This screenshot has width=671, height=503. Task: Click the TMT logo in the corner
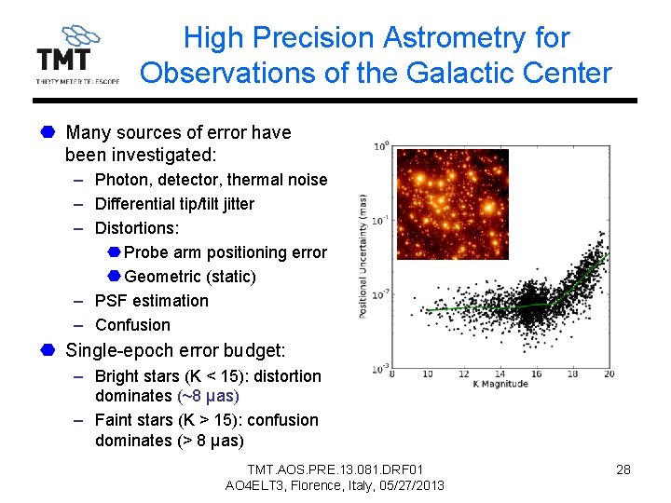point(77,54)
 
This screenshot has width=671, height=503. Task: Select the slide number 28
point(623,469)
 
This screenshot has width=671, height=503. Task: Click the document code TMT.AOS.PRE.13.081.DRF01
point(335,469)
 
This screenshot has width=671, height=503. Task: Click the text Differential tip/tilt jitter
point(174,204)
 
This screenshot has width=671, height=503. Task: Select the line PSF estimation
point(152,301)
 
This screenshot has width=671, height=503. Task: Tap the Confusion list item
point(132,325)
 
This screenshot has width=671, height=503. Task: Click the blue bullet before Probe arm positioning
point(113,252)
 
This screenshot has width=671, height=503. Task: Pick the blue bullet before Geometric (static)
point(113,277)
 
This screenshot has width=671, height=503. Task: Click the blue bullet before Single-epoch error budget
point(47,350)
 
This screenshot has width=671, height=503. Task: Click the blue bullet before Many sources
point(47,132)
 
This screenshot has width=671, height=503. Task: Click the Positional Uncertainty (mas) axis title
point(363,255)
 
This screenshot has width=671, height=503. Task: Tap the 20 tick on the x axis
point(609,374)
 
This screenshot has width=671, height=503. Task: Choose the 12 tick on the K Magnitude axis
point(463,374)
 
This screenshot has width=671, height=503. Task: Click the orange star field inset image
point(453,202)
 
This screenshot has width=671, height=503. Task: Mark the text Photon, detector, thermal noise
point(212,180)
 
